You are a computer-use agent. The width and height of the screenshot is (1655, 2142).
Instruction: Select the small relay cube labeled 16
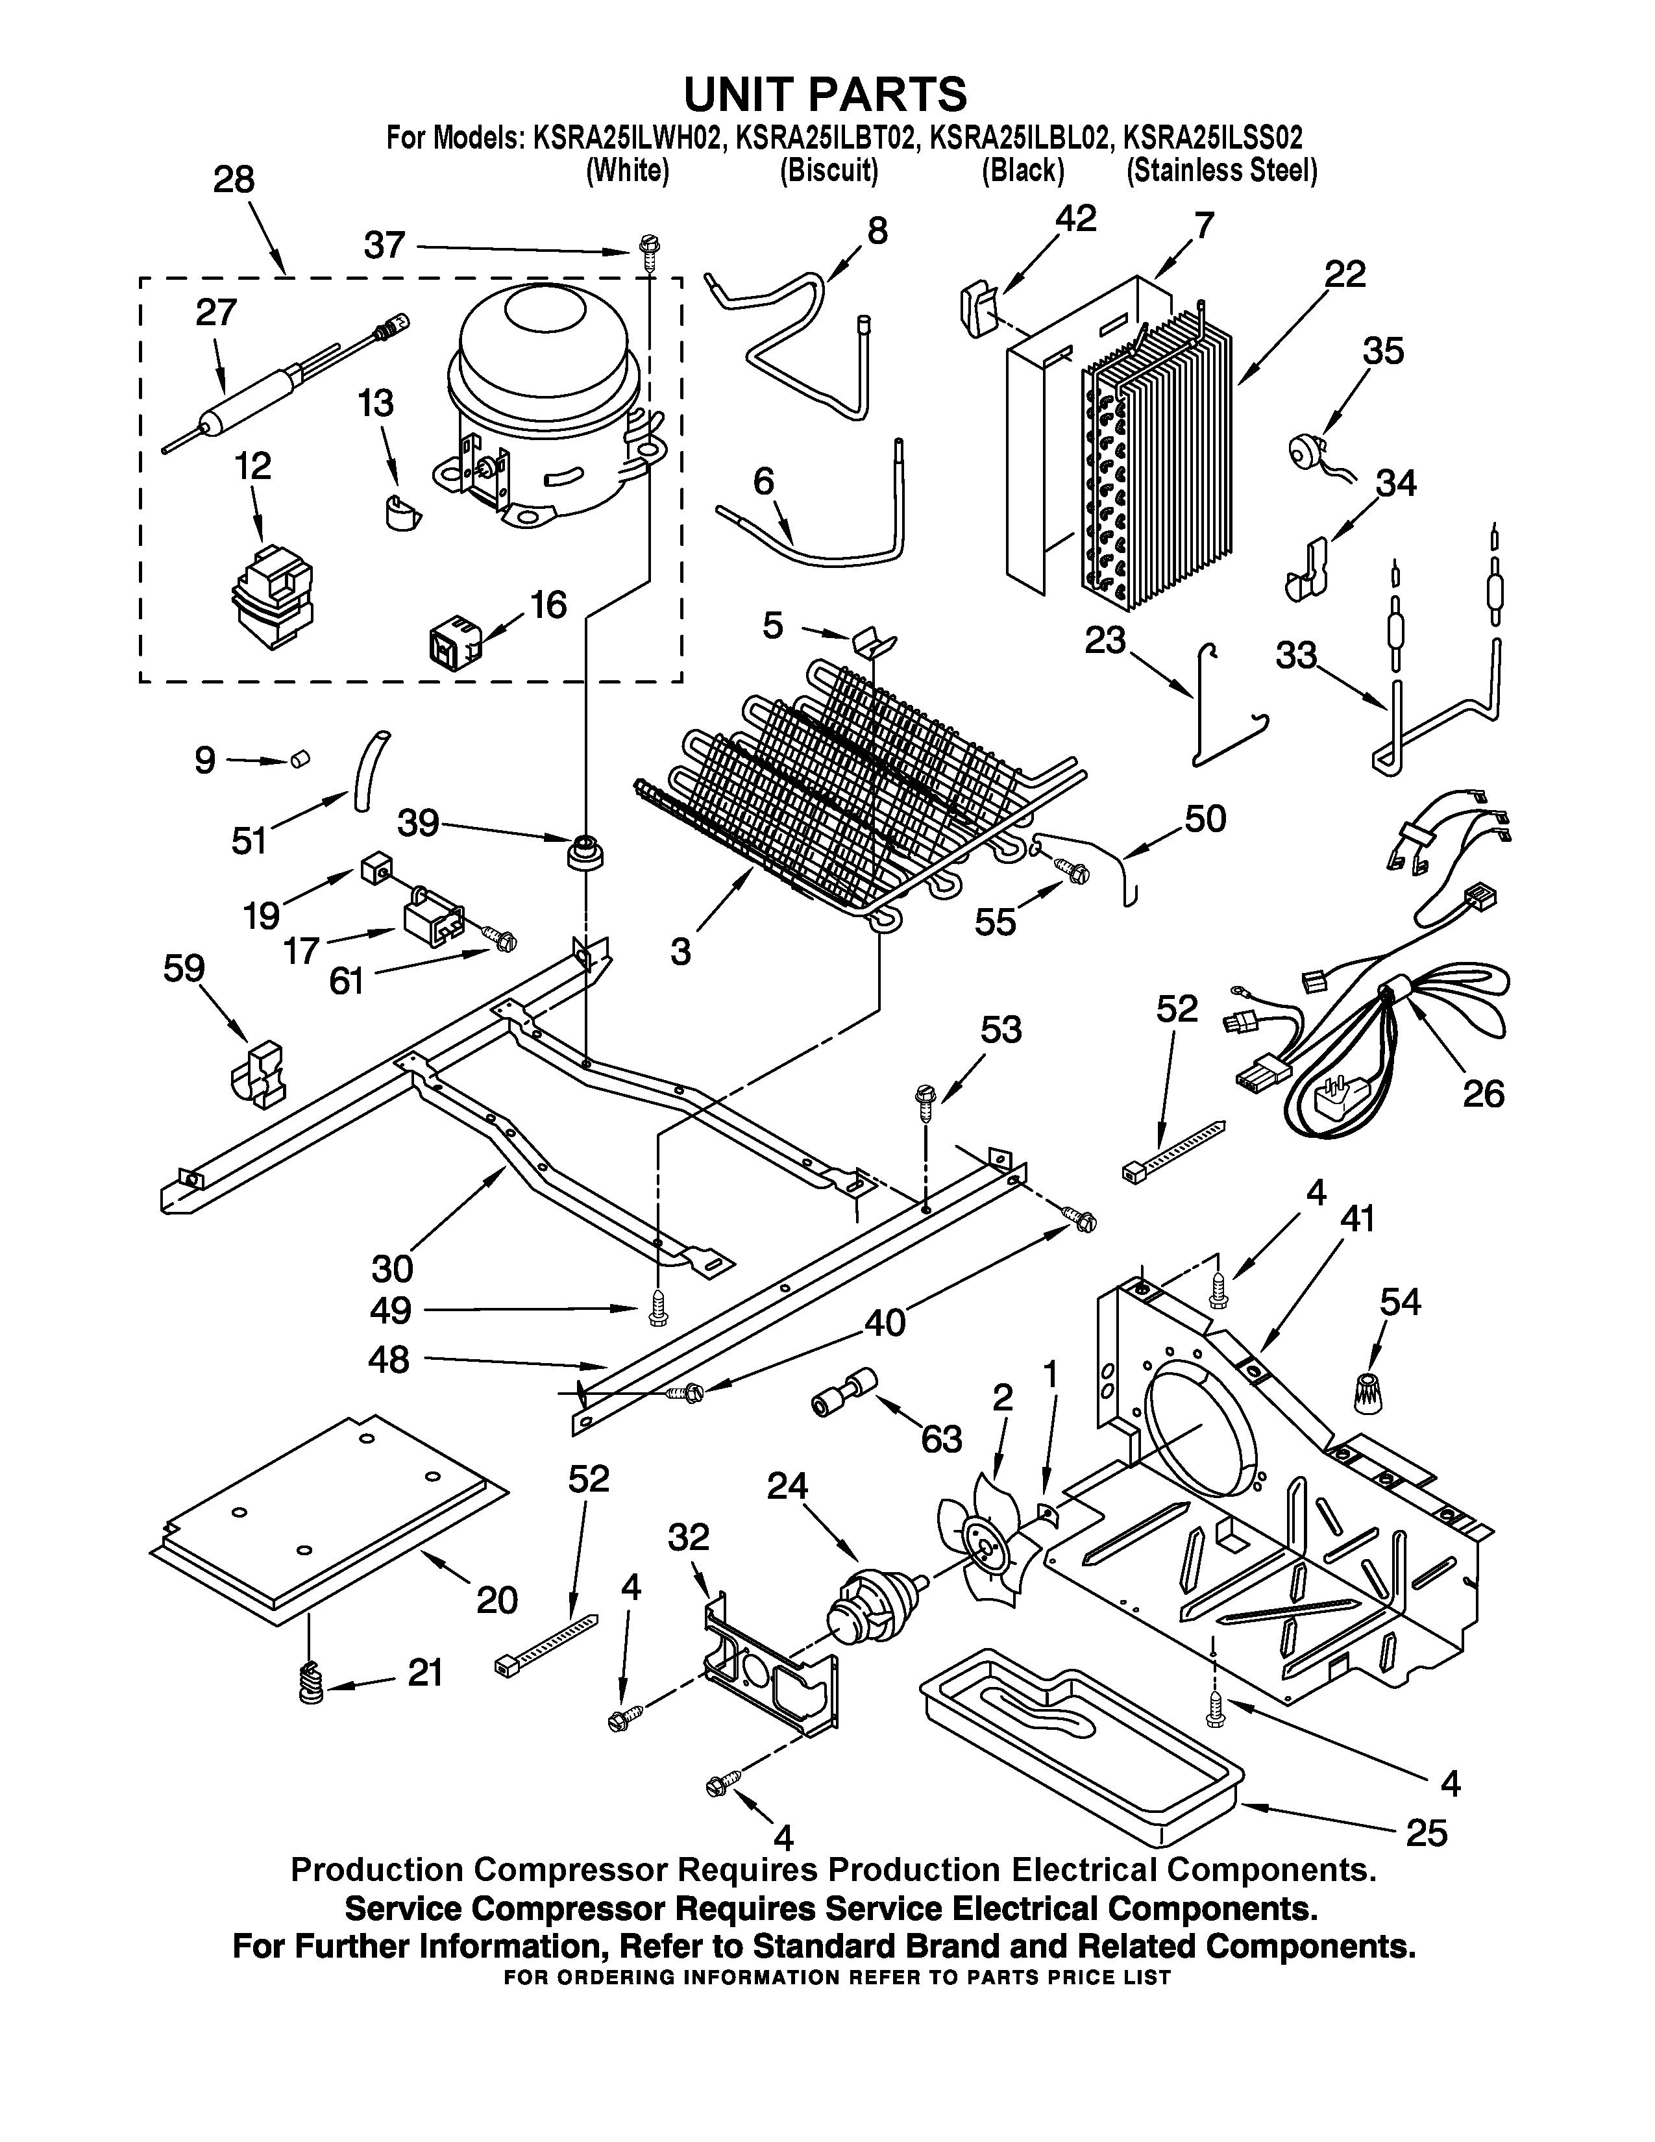pos(454,643)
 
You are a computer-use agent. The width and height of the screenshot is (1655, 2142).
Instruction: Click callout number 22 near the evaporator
pos(1344,275)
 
